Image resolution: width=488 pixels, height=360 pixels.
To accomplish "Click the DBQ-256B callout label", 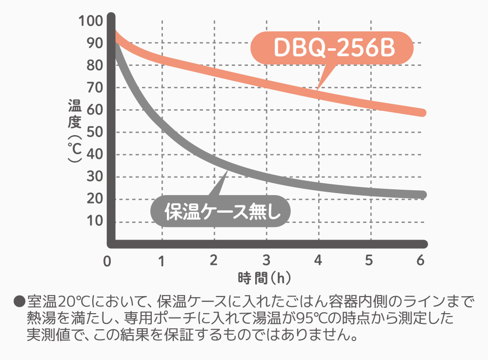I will (332, 47).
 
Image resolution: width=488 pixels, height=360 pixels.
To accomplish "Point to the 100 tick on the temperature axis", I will (90, 21).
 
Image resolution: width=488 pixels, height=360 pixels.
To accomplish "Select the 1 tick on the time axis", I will (162, 260).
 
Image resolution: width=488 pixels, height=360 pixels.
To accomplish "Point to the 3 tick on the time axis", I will (266, 260).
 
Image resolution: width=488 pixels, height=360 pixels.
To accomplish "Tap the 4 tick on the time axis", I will (318, 260).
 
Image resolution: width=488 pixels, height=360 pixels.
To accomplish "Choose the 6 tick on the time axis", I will (420, 260).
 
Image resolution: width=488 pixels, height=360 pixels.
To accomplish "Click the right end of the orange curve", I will (423, 113).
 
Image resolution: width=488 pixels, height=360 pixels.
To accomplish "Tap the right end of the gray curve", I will (423, 195).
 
